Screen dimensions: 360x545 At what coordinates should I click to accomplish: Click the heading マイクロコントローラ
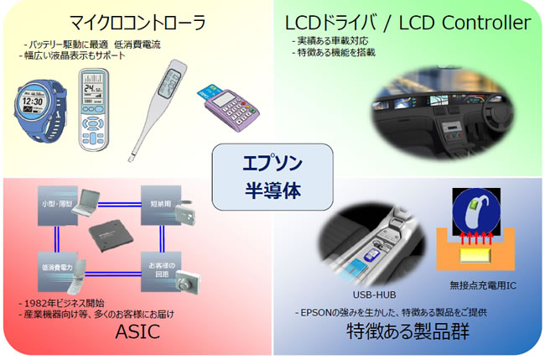coord(132,20)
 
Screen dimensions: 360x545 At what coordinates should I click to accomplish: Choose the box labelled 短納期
coord(158,203)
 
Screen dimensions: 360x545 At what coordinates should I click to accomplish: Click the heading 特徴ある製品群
coord(406,333)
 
